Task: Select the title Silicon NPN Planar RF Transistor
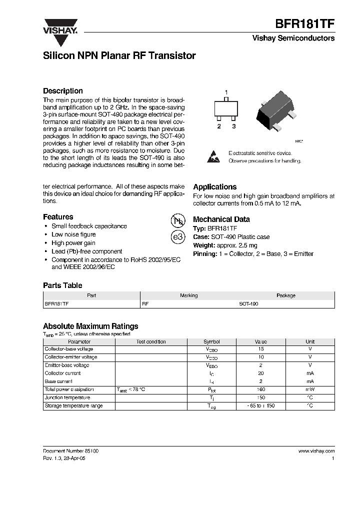[119, 56]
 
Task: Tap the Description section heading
[63, 91]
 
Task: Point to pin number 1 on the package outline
[226, 92]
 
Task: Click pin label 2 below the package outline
[218, 126]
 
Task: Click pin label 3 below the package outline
[233, 126]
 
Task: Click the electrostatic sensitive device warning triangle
[213, 156]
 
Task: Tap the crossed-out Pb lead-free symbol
[177, 221]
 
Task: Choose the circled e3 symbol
[177, 237]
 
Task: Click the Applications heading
[214, 187]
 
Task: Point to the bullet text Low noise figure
[73, 234]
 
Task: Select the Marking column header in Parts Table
[189, 295]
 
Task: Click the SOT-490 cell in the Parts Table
[248, 303]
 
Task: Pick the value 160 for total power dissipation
[261, 389]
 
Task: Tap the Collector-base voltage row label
[69, 349]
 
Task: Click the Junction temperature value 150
[261, 397]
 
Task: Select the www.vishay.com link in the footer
[316, 451]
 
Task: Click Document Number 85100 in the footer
[70, 451]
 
